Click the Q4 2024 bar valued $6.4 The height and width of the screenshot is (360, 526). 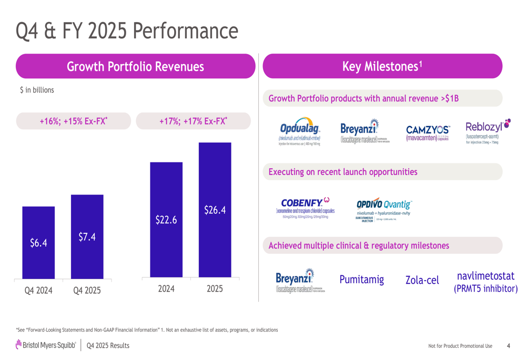click(38, 242)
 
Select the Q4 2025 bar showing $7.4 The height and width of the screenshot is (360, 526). click(87, 236)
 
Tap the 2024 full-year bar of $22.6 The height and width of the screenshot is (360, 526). click(166, 220)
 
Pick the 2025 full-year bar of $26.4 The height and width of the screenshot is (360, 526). click(215, 210)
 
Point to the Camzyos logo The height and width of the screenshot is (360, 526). click(428, 133)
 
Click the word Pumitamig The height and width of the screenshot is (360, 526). click(361, 279)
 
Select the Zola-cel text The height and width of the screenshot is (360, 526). click(422, 280)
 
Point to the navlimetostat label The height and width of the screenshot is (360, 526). click(485, 282)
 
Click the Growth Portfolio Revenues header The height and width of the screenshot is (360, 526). click(135, 67)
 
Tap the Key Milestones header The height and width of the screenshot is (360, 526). click(382, 66)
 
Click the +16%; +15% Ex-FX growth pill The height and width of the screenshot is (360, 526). click(73, 121)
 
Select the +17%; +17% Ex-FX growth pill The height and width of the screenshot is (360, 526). click(193, 121)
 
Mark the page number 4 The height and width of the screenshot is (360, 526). click(508, 345)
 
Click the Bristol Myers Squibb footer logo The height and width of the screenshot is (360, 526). click(46, 345)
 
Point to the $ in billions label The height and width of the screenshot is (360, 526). click(37, 90)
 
